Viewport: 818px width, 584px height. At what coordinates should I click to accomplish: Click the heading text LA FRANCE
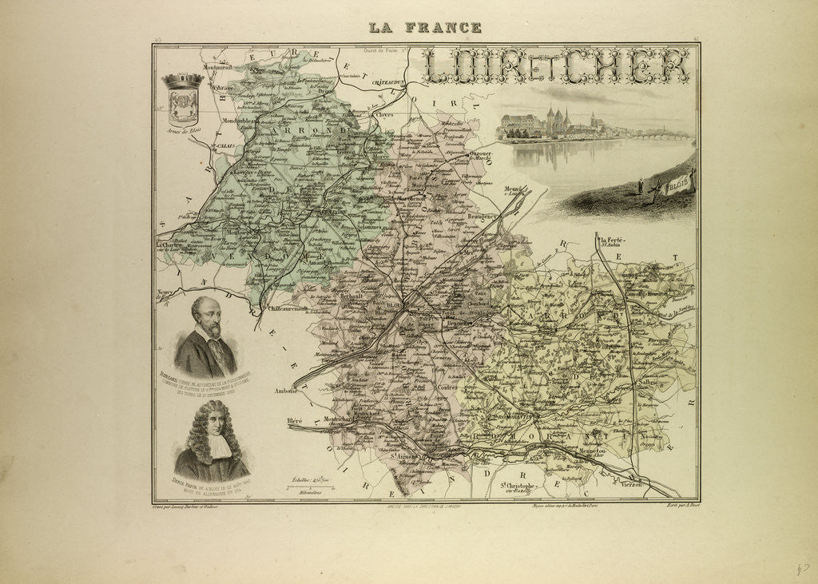pyautogui.click(x=424, y=27)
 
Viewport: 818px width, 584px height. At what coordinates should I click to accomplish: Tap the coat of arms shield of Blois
pyautogui.click(x=183, y=101)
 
